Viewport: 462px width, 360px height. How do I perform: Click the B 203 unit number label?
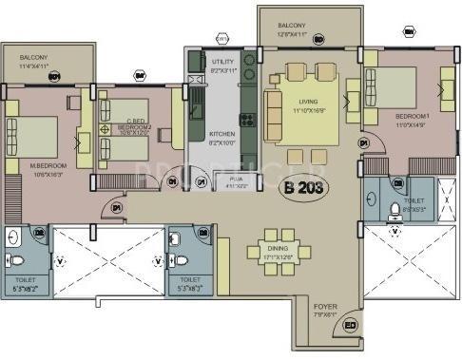click(x=302, y=187)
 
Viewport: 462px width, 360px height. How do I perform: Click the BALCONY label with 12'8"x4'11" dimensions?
click(x=291, y=26)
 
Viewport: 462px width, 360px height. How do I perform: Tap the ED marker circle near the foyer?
click(x=350, y=326)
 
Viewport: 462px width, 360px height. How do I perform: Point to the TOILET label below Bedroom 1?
click(x=414, y=201)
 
